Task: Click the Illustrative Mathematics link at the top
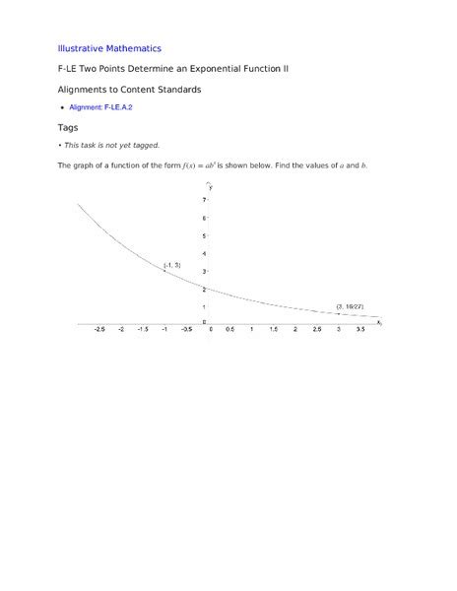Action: click(109, 47)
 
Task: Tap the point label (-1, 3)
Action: click(171, 265)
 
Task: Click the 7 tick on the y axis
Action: click(204, 200)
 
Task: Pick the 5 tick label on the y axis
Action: click(204, 235)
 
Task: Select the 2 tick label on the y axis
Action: click(204, 289)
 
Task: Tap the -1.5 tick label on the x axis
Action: click(143, 330)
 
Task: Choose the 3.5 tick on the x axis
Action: click(359, 330)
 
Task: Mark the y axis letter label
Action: click(211, 186)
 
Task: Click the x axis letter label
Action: click(378, 322)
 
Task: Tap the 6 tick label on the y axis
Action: click(204, 218)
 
